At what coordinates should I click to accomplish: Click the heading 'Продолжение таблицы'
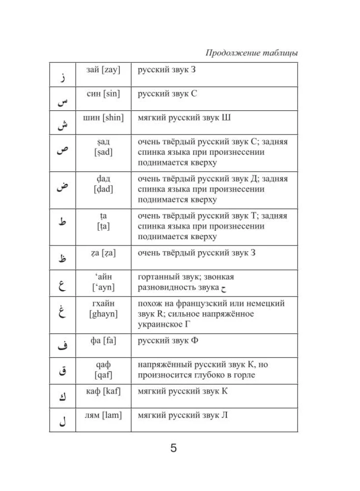(x=251, y=53)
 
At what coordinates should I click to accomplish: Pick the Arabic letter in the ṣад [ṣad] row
(x=61, y=151)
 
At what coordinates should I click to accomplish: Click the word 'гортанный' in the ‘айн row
(x=156, y=277)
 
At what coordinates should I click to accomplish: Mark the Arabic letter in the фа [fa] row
(x=61, y=347)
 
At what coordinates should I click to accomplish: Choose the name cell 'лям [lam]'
(x=103, y=415)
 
